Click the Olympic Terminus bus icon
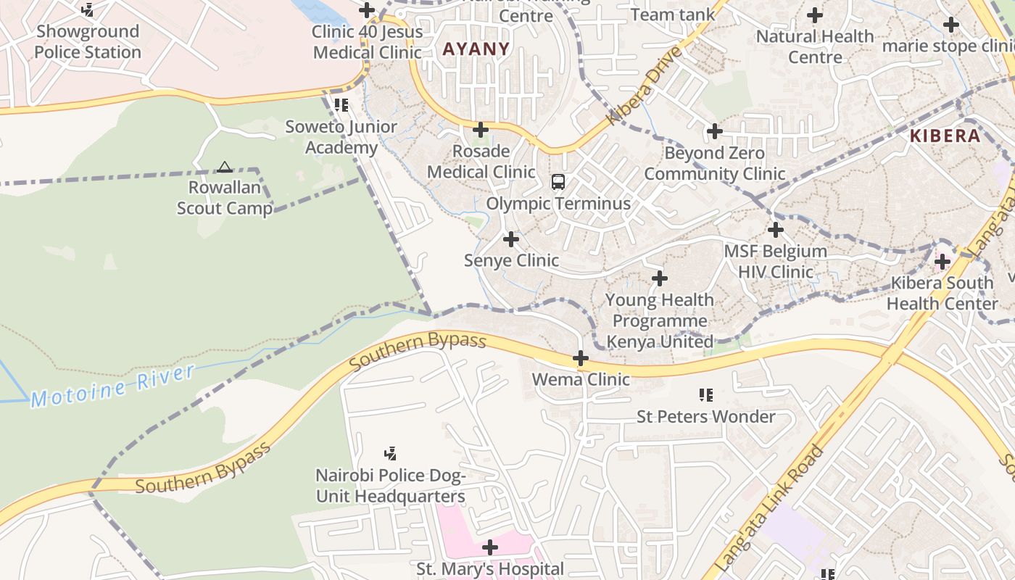(x=558, y=182)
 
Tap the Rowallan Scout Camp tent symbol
(x=225, y=167)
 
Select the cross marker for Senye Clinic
(x=511, y=239)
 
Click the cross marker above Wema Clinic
(x=581, y=358)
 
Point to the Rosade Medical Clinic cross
(x=481, y=130)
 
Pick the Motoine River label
(x=112, y=386)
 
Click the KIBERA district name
(x=945, y=136)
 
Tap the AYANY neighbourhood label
(x=476, y=49)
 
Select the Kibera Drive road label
(x=645, y=86)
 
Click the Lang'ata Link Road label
(x=769, y=507)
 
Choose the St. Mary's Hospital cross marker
(x=490, y=547)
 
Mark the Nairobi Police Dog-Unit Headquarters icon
(x=390, y=454)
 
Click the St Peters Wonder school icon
(x=706, y=395)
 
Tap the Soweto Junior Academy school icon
(x=341, y=105)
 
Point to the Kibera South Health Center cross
(x=942, y=262)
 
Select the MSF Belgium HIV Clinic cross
(x=776, y=231)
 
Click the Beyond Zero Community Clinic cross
(x=715, y=131)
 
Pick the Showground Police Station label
(x=88, y=41)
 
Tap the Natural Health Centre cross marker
(x=815, y=14)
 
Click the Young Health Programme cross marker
(x=660, y=278)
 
